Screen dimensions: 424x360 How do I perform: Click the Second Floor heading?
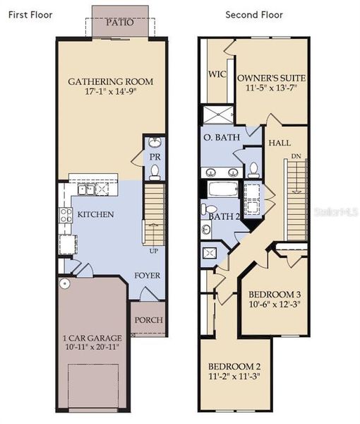(x=253, y=14)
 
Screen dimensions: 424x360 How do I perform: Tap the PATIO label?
(x=119, y=23)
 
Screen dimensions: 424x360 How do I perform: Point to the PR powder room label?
(x=153, y=156)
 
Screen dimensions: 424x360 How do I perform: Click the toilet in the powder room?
(x=155, y=172)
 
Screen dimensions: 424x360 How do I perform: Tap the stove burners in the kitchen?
(x=66, y=215)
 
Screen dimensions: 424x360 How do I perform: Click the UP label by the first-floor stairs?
(x=152, y=250)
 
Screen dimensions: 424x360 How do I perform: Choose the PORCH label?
(x=148, y=320)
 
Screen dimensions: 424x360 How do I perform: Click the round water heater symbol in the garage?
(x=64, y=283)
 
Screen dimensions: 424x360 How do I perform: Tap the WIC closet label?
(x=216, y=73)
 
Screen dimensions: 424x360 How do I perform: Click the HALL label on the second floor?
(x=280, y=143)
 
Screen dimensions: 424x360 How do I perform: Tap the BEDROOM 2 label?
(x=234, y=366)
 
